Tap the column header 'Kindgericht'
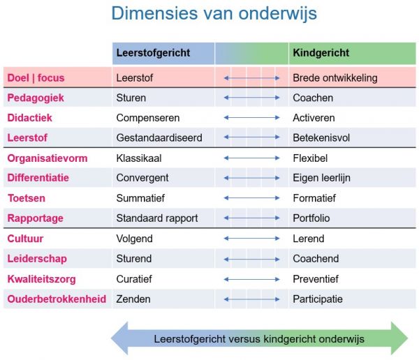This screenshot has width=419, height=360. click(x=321, y=53)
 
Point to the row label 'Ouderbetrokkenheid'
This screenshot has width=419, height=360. click(x=57, y=299)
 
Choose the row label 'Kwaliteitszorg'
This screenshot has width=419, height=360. click(x=41, y=279)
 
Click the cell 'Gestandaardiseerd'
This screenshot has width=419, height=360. click(x=159, y=138)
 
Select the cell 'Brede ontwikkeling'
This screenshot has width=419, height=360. click(x=335, y=78)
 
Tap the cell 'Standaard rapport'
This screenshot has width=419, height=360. click(x=156, y=218)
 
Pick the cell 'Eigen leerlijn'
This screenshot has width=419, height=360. click(x=322, y=178)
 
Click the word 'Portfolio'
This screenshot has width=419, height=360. click(x=311, y=218)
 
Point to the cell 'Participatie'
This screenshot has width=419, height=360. click(x=318, y=299)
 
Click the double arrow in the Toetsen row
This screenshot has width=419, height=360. click(x=251, y=198)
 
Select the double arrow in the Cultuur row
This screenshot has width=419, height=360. click(x=251, y=239)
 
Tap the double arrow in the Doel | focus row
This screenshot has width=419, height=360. click(x=251, y=78)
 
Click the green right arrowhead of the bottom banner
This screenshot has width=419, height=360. click(x=399, y=339)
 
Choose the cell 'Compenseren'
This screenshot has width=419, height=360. click(x=147, y=118)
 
